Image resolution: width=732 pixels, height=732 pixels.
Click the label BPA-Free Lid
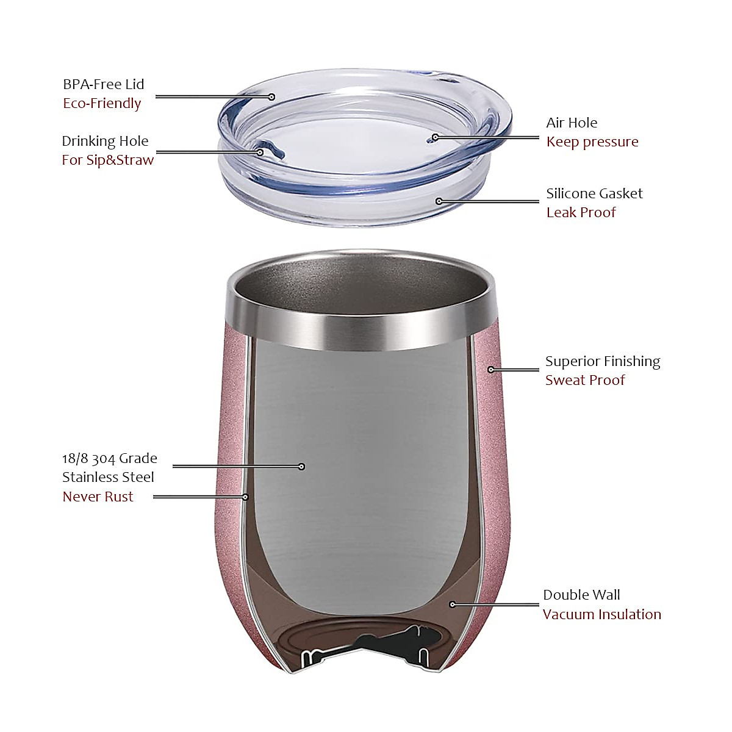(104, 84)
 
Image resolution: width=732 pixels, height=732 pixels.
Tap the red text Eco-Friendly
(102, 103)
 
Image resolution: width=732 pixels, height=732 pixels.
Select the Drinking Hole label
(105, 141)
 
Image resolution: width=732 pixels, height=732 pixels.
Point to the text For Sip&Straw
(107, 160)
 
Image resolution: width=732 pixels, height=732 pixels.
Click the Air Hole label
(572, 123)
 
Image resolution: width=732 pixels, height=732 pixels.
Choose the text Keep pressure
(592, 142)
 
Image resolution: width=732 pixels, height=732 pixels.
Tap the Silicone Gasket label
(594, 193)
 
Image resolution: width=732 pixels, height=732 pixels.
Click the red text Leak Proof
(581, 212)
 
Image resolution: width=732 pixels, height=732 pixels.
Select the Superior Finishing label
(603, 361)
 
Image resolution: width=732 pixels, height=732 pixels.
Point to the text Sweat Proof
(585, 380)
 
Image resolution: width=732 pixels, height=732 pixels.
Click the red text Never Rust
(98, 497)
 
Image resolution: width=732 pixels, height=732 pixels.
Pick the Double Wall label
(581, 595)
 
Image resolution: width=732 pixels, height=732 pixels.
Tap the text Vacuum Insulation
(601, 614)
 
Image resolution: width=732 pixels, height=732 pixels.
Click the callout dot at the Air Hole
(435, 137)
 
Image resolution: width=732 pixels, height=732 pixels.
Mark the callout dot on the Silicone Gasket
(439, 201)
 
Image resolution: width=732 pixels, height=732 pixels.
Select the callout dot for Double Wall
(453, 605)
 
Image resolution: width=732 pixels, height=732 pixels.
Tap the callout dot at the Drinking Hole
(260, 152)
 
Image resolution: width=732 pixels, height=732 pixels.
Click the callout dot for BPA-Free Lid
(272, 96)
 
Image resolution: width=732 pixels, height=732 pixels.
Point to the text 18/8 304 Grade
(110, 458)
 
